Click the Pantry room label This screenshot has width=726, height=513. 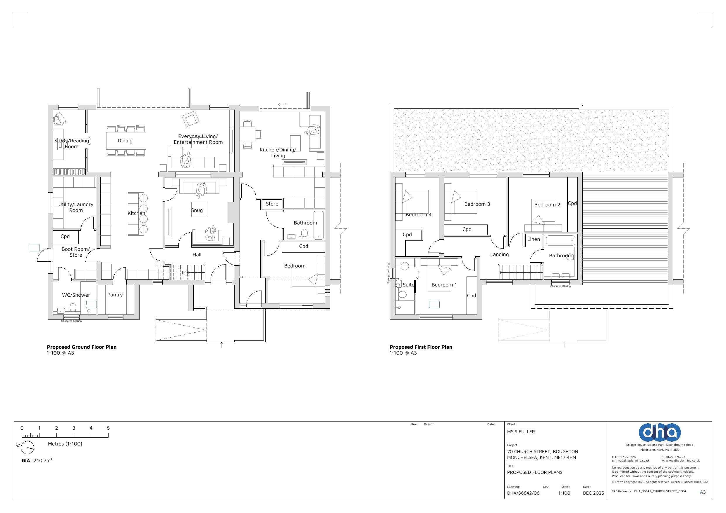115,295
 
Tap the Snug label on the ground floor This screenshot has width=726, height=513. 197,210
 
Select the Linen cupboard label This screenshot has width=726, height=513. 534,239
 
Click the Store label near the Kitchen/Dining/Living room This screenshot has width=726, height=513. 272,204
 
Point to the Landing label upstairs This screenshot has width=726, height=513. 500,254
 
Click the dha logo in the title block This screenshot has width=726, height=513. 660,432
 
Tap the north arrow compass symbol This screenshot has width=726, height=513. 28,448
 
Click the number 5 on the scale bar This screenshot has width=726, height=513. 108,428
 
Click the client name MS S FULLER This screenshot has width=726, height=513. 521,432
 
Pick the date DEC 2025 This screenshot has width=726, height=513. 593,493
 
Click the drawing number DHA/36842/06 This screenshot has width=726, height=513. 523,493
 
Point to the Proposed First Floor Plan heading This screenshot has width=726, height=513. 421,347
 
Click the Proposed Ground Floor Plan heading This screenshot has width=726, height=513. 82,347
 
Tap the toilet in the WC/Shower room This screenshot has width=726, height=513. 73,307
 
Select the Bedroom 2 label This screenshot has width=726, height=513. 547,205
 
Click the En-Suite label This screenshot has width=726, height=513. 405,285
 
